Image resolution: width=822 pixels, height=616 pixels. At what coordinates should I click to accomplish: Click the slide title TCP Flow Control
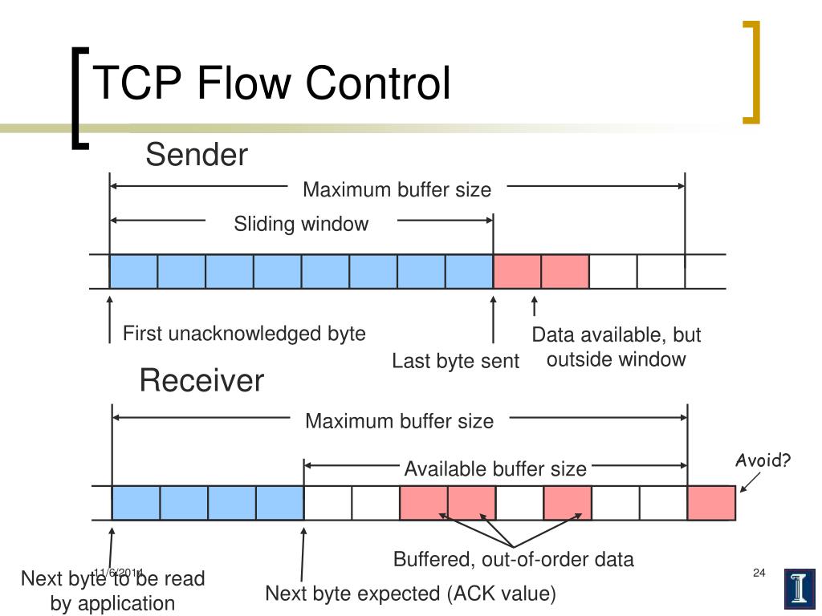coord(271,83)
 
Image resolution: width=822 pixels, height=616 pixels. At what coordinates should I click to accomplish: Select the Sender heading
coord(197,155)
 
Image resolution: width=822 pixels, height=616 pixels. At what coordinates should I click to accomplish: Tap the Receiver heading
coord(201,380)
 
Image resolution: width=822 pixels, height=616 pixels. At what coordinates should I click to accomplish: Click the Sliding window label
coord(301,224)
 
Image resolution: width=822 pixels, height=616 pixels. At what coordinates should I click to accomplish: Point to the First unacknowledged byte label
coord(244,334)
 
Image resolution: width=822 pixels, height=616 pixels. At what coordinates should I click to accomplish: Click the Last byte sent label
coord(455,361)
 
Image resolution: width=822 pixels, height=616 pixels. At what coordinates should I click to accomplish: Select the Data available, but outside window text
coord(616,346)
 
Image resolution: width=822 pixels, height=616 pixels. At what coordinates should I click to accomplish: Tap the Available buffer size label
coord(494,468)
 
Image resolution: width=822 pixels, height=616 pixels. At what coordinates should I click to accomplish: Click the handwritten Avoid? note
coord(764,460)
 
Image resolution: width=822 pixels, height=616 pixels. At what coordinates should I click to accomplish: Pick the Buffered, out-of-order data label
coord(513,559)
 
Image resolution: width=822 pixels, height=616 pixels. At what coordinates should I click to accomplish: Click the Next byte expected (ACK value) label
coord(410,594)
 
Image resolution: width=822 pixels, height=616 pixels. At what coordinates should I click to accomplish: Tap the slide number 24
coord(759,572)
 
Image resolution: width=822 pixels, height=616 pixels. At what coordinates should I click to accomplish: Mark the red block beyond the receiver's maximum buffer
coord(711,503)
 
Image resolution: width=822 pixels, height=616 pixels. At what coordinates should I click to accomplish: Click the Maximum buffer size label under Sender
coord(397,190)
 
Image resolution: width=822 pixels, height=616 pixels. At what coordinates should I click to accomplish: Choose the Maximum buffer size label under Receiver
coord(399,420)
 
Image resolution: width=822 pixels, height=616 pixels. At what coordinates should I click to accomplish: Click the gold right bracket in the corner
coord(752,72)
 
